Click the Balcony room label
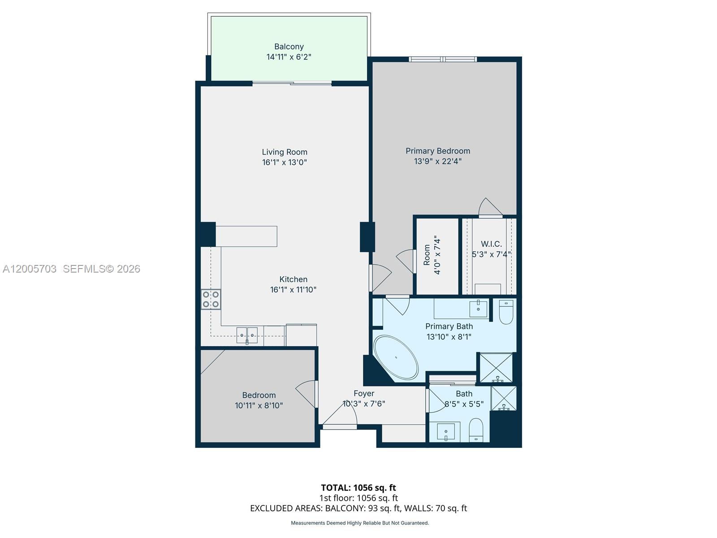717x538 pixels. click(x=289, y=47)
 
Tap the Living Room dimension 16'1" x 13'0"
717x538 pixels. click(x=285, y=162)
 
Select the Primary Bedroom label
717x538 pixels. click(x=438, y=151)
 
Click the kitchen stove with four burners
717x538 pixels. click(x=211, y=299)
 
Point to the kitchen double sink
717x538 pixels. click(x=247, y=335)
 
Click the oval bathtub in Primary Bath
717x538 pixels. click(x=396, y=357)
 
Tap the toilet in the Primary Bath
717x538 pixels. click(x=506, y=312)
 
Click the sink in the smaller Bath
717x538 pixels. click(x=445, y=432)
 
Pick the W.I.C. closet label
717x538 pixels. click(x=491, y=244)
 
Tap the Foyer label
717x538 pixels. click(x=363, y=394)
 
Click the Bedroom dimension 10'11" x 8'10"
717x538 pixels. click(x=259, y=406)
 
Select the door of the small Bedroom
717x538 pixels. click(x=307, y=394)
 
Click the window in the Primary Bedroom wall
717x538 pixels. click(x=442, y=59)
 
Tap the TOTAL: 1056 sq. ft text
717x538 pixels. click(x=358, y=487)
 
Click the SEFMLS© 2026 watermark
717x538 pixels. click(x=101, y=269)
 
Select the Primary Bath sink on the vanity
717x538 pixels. click(x=478, y=308)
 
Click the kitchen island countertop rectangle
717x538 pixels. click(x=246, y=236)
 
